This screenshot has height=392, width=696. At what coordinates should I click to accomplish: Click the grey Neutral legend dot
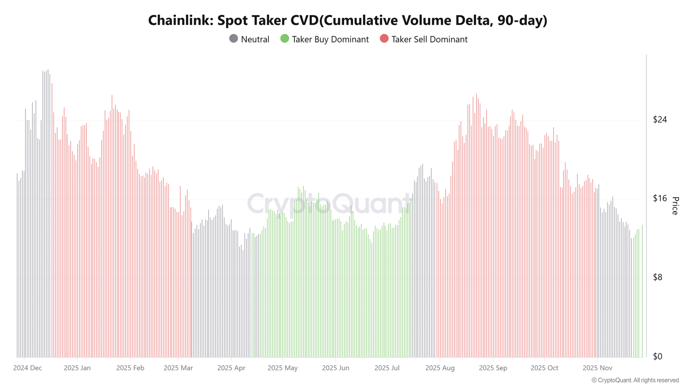coord(233,39)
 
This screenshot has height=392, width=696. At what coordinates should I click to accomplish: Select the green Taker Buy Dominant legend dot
coord(284,39)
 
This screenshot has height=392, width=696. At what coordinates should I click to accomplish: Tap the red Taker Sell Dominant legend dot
coord(384,39)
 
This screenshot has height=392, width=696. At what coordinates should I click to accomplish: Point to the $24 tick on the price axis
coord(659,119)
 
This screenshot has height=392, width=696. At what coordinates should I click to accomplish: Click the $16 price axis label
coord(659,198)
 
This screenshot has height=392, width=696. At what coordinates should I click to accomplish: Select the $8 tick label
coord(657,277)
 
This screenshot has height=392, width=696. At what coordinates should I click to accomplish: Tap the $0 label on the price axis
coord(657,356)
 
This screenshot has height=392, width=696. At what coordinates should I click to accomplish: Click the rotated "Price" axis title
coord(675,206)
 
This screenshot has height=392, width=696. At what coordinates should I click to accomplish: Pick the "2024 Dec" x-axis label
coord(27,368)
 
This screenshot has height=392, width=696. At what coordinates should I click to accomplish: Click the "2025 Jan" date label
coord(77,368)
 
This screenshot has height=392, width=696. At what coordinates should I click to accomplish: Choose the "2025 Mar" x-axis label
coord(178,368)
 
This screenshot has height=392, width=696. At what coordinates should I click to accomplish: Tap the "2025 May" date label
coord(282,368)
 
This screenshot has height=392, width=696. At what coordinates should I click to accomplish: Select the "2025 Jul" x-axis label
coord(387,368)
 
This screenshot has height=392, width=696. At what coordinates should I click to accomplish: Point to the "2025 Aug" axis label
coord(440,368)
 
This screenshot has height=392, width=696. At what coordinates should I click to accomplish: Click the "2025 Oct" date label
coord(544,368)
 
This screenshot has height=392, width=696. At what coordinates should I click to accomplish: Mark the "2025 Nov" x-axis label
coord(597,368)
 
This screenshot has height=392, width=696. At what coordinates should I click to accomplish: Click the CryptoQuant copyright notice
coord(635,380)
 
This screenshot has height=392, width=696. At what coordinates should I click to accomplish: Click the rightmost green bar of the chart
coord(642,291)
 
